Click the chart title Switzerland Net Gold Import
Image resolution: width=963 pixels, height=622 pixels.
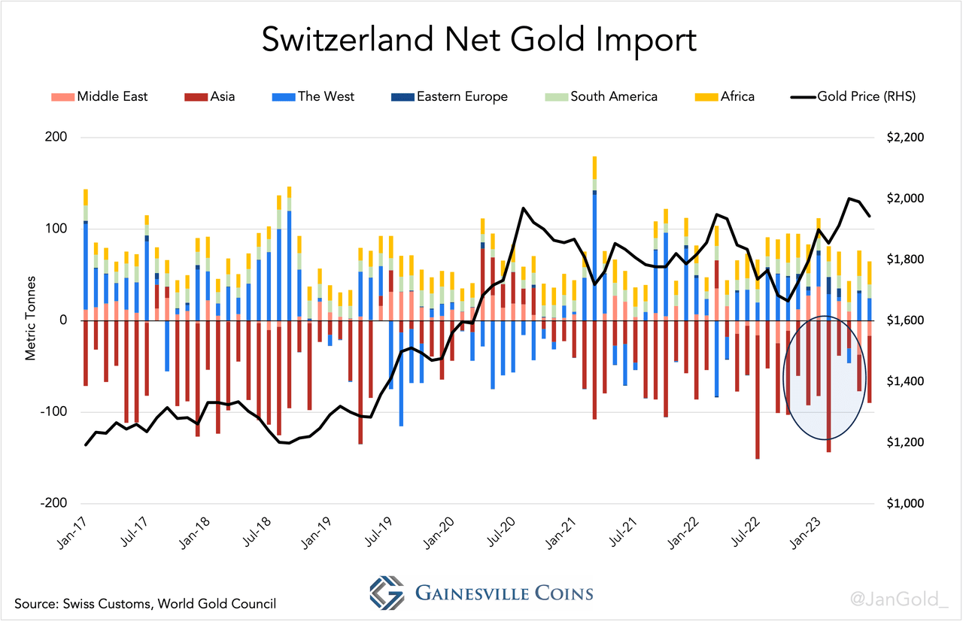pos(479,41)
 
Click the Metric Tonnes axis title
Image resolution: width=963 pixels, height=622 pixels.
pos(31,321)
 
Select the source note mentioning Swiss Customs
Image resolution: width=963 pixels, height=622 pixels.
pos(144,603)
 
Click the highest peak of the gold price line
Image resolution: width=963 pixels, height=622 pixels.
pos(849,199)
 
